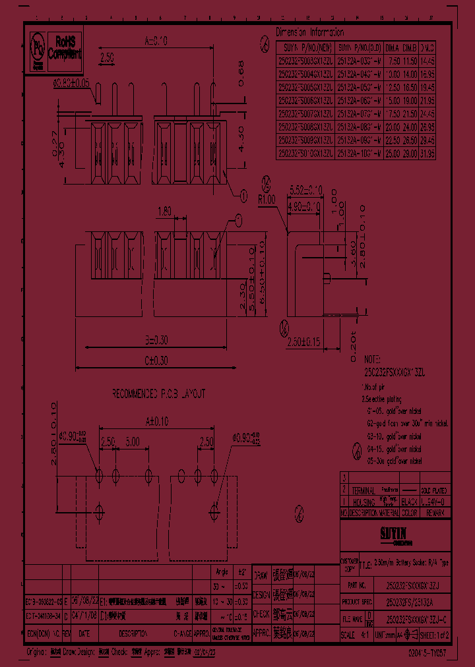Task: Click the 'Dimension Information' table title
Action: click(x=309, y=32)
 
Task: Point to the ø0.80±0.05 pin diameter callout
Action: click(x=71, y=84)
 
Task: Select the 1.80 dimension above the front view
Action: click(x=164, y=212)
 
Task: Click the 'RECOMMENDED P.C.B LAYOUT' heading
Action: click(x=158, y=393)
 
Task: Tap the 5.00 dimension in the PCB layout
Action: click(x=131, y=441)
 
